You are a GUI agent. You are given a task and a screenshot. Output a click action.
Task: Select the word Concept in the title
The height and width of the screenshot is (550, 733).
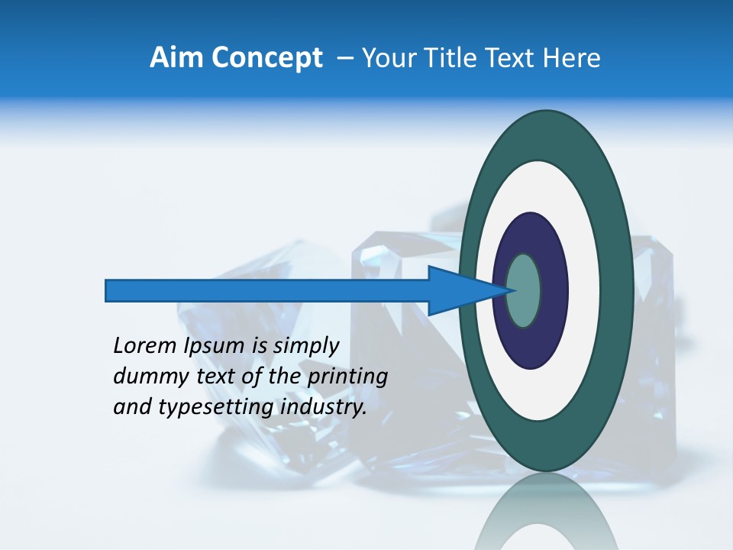coord(268,59)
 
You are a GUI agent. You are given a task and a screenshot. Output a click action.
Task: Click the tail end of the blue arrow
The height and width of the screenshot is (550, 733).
coord(108,291)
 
